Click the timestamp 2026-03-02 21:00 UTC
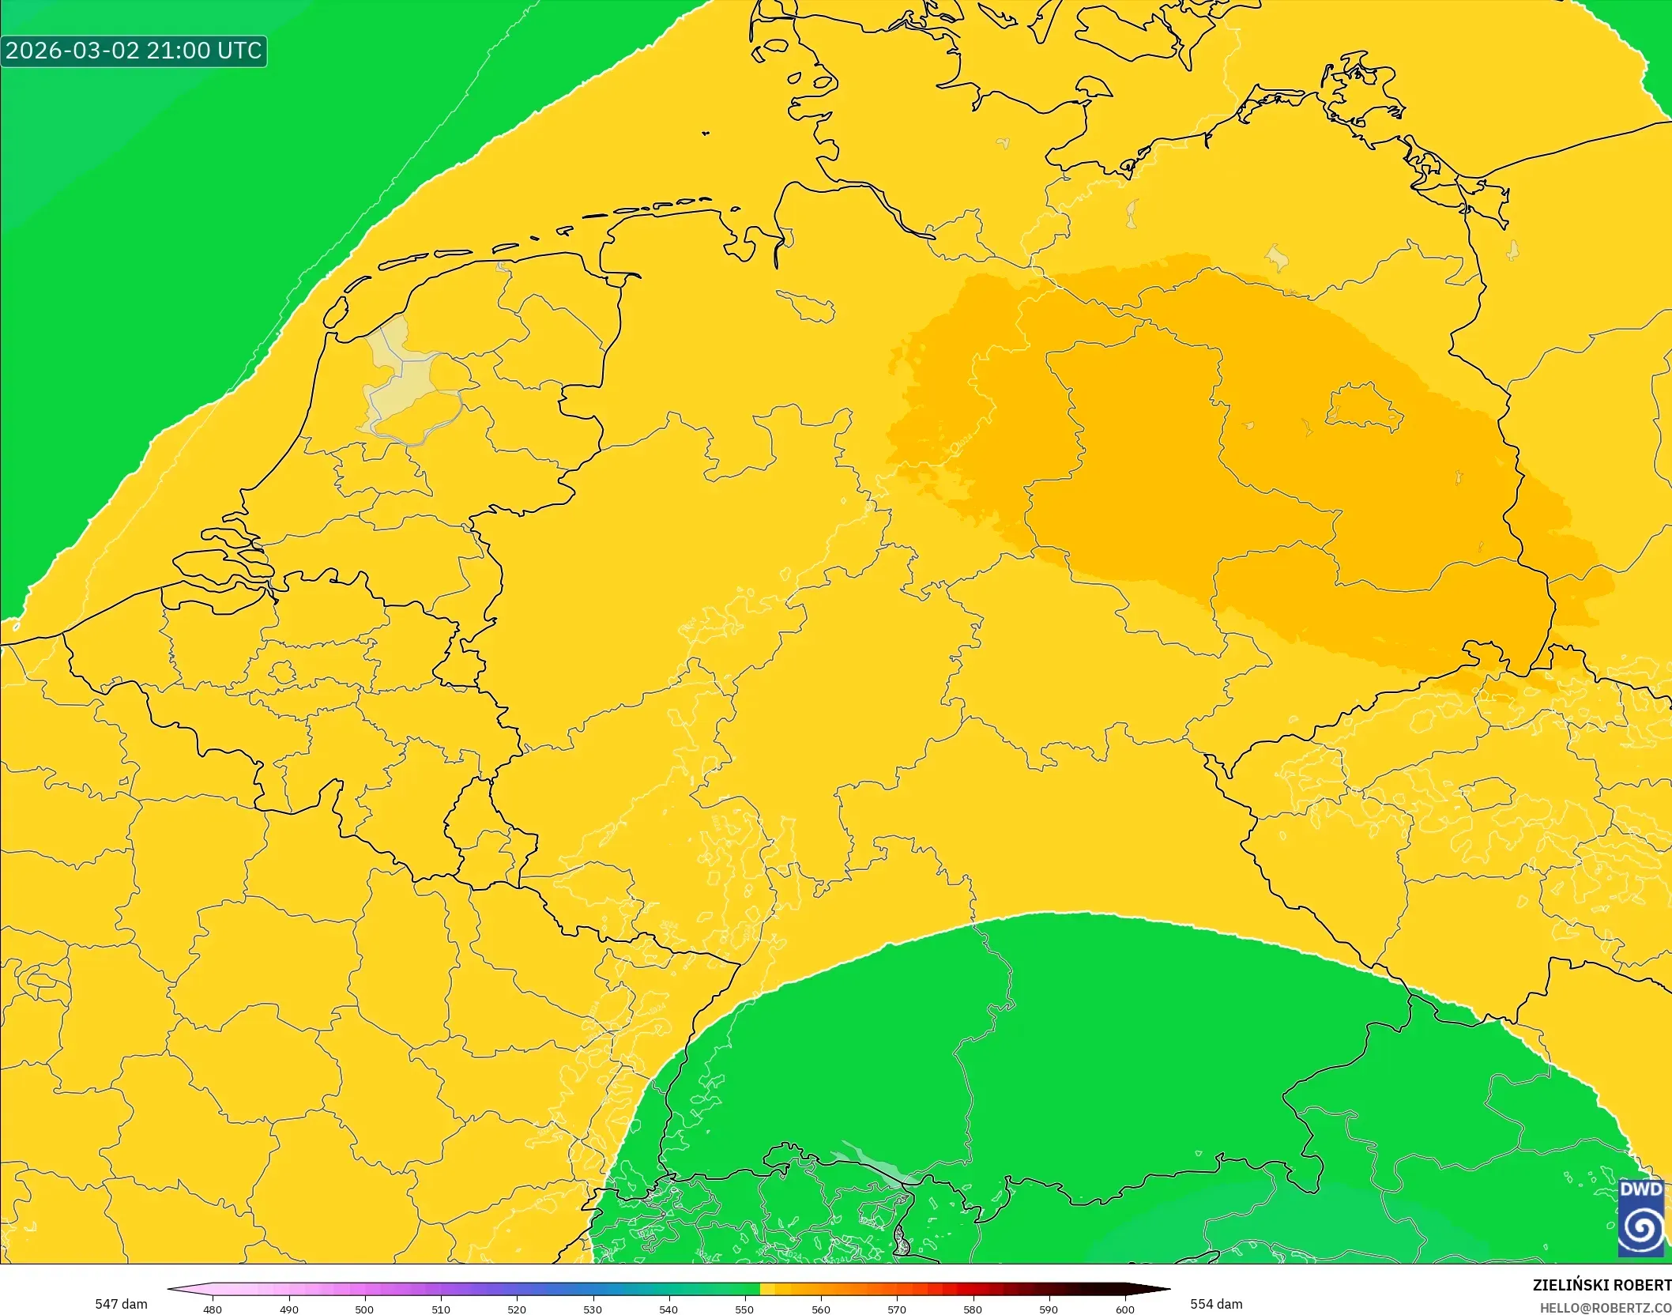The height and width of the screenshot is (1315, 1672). pos(133,51)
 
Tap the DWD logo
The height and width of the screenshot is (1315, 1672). pos(1640,1218)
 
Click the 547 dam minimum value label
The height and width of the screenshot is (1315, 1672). pos(121,1304)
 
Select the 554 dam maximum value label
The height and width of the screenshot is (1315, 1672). pos(1216,1304)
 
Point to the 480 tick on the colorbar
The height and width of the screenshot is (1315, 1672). pos(213,1309)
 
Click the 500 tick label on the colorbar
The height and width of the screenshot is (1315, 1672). pos(364,1309)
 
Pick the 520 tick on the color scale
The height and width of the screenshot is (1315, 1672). pos(517,1309)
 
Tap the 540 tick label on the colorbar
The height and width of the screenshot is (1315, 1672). pos(668,1309)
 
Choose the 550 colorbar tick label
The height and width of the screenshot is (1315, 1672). pos(744,1309)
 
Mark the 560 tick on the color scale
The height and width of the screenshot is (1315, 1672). pos(821,1309)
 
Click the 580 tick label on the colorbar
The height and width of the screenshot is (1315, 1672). pos(973,1309)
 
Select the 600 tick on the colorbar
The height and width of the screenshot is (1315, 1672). pos(1125,1309)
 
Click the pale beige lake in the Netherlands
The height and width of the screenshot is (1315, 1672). pos(399,379)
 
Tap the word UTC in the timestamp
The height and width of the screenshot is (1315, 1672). pos(239,51)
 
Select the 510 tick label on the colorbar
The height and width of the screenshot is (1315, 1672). pos(441,1309)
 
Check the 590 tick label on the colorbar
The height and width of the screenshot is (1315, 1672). pos(1049,1309)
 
